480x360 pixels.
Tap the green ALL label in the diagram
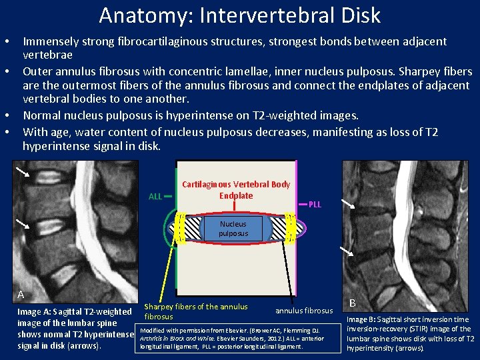155,197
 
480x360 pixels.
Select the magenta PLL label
315,204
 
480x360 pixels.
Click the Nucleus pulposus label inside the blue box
233,229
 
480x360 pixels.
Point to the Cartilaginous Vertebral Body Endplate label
236,190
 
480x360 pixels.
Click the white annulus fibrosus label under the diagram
304,311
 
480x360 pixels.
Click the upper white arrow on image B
349,203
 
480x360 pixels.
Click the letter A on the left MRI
21,294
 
